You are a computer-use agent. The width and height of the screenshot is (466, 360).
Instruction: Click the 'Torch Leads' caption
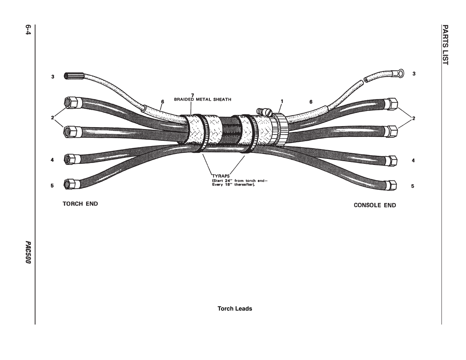tap(235, 309)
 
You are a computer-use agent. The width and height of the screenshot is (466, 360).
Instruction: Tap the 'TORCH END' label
tap(80, 204)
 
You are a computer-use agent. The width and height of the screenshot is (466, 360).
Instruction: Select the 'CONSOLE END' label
tap(375, 205)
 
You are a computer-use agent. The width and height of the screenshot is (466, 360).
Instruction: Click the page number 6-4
tap(28, 30)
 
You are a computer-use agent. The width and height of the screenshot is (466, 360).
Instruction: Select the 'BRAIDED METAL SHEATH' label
tap(202, 100)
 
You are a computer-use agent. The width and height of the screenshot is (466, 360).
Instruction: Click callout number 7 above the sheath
tap(192, 95)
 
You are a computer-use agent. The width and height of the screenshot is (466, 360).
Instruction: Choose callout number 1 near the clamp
tap(282, 101)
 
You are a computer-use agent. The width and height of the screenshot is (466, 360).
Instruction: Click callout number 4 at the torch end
tap(52, 160)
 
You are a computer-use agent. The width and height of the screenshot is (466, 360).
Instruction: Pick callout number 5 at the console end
tap(413, 186)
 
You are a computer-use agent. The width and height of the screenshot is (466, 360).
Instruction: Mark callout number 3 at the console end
tap(414, 74)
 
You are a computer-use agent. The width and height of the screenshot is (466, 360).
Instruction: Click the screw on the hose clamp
tap(264, 112)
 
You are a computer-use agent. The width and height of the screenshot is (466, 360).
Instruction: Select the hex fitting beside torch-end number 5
tap(72, 184)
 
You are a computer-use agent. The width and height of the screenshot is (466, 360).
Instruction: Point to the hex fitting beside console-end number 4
tap(392, 160)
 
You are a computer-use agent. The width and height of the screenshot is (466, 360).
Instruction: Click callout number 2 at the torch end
tap(53, 118)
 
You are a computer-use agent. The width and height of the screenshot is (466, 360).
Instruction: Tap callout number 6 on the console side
tap(311, 102)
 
